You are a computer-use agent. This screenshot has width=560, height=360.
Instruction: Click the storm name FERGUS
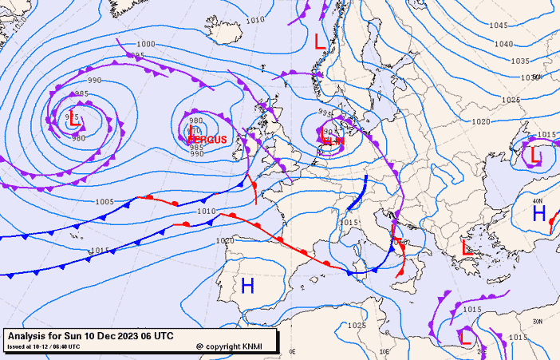coord(208,140)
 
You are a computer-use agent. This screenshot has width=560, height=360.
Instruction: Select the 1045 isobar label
coord(499,26)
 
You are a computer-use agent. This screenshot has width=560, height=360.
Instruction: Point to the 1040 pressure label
coord(503,44)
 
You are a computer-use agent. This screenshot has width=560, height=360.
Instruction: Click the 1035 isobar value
coord(520,61)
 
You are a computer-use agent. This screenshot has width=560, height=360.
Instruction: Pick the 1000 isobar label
coord(146,44)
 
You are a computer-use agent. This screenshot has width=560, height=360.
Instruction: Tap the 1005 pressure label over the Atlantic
coord(105,202)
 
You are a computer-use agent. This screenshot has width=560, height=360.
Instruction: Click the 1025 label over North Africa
coord(357,326)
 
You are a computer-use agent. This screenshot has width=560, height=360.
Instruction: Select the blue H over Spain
coord(247,285)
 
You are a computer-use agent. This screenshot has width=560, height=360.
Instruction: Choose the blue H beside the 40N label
coord(539,213)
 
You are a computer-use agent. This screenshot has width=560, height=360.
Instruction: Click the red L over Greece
coord(467,247)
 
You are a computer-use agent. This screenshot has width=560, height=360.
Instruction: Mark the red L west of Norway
coord(321,42)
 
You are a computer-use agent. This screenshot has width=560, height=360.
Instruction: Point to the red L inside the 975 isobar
coord(73,121)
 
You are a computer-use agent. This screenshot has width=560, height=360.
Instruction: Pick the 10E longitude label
coord(385,351)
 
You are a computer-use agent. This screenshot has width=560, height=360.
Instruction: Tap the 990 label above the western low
coord(94,81)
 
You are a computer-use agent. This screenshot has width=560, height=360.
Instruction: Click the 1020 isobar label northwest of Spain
coord(225,240)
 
